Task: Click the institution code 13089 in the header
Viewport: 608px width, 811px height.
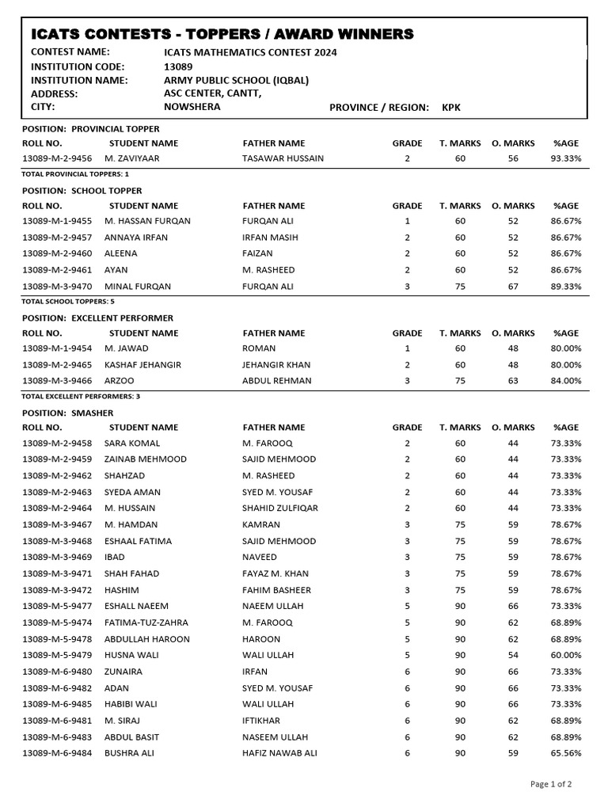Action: [177, 67]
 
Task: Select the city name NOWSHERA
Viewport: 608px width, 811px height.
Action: [192, 107]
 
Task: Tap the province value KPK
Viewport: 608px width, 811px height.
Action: [451, 107]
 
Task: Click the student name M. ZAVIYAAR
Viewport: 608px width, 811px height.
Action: [132, 158]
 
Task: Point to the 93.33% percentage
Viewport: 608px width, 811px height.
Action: [566, 158]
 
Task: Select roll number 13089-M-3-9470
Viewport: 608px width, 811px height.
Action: [57, 286]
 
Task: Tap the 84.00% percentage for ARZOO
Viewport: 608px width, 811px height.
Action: [566, 380]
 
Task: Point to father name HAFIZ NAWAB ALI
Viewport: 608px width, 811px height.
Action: [279, 752]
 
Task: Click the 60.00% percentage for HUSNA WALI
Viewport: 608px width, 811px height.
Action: [566, 655]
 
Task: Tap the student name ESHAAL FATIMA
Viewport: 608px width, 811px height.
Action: [138, 541]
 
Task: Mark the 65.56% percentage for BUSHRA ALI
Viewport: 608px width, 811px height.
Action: [566, 752]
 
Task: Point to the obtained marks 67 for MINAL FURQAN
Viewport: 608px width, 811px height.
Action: [513, 286]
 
